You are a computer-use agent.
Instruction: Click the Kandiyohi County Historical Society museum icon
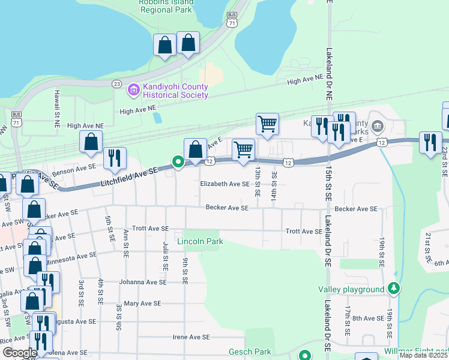133,91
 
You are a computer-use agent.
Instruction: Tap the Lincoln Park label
200,241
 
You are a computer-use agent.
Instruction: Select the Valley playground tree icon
394,289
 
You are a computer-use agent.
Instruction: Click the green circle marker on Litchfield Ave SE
178,161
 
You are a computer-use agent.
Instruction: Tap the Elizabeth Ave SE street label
224,185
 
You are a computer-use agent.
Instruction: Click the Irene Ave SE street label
191,337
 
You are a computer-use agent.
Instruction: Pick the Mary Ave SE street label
142,304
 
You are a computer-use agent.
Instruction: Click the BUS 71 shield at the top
232,19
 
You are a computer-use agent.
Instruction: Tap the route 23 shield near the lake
116,85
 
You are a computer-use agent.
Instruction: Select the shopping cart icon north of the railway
267,124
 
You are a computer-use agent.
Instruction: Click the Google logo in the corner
20,353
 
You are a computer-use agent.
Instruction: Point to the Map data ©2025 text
424,355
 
